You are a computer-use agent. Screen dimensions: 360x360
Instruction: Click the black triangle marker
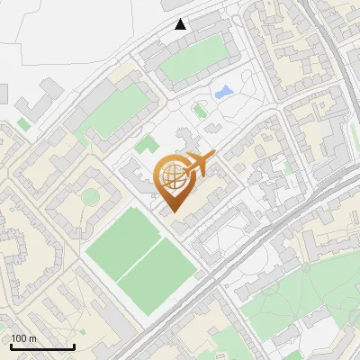click(x=181, y=23)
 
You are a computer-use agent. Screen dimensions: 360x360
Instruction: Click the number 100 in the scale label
click(x=19, y=338)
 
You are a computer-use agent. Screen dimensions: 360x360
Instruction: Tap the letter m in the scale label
click(x=33, y=338)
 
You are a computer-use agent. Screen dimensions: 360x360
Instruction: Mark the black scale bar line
click(x=42, y=347)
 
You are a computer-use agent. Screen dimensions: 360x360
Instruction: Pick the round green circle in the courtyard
click(x=90, y=195)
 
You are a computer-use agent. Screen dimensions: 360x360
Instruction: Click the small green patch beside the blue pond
click(x=200, y=111)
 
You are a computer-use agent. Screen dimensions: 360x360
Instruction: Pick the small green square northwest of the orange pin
click(x=145, y=144)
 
